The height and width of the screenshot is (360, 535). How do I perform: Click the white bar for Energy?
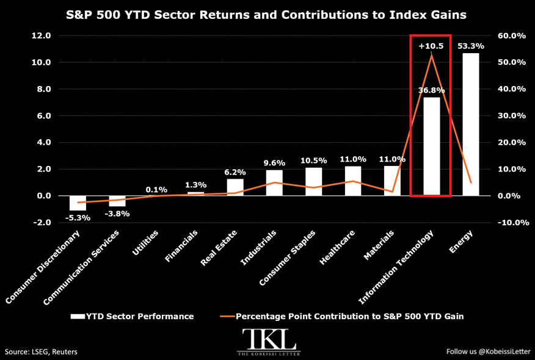click(x=471, y=124)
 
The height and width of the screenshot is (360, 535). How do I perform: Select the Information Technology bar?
click(x=432, y=146)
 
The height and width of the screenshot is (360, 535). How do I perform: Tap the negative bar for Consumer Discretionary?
click(x=78, y=203)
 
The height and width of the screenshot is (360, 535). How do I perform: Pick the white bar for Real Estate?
click(x=235, y=187)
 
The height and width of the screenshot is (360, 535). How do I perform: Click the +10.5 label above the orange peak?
click(x=431, y=46)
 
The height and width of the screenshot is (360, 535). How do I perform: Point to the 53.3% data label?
click(x=471, y=46)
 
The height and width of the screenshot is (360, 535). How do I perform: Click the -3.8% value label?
click(x=117, y=214)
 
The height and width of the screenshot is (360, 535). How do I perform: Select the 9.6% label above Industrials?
click(x=274, y=163)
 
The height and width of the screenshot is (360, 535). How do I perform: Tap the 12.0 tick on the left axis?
click(x=42, y=35)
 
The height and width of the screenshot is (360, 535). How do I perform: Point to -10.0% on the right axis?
click(x=511, y=222)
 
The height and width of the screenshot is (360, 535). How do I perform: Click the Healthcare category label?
click(x=337, y=248)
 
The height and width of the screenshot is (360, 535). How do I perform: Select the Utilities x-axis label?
click(x=145, y=243)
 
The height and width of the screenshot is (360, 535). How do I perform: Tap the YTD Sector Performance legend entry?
click(x=132, y=316)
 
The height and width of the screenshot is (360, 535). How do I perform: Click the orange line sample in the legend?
click(x=228, y=316)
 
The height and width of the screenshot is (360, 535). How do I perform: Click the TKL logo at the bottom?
click(x=269, y=342)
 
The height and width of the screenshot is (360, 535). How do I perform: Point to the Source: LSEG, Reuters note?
click(x=41, y=352)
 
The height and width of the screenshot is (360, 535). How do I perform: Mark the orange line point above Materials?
click(x=392, y=192)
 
